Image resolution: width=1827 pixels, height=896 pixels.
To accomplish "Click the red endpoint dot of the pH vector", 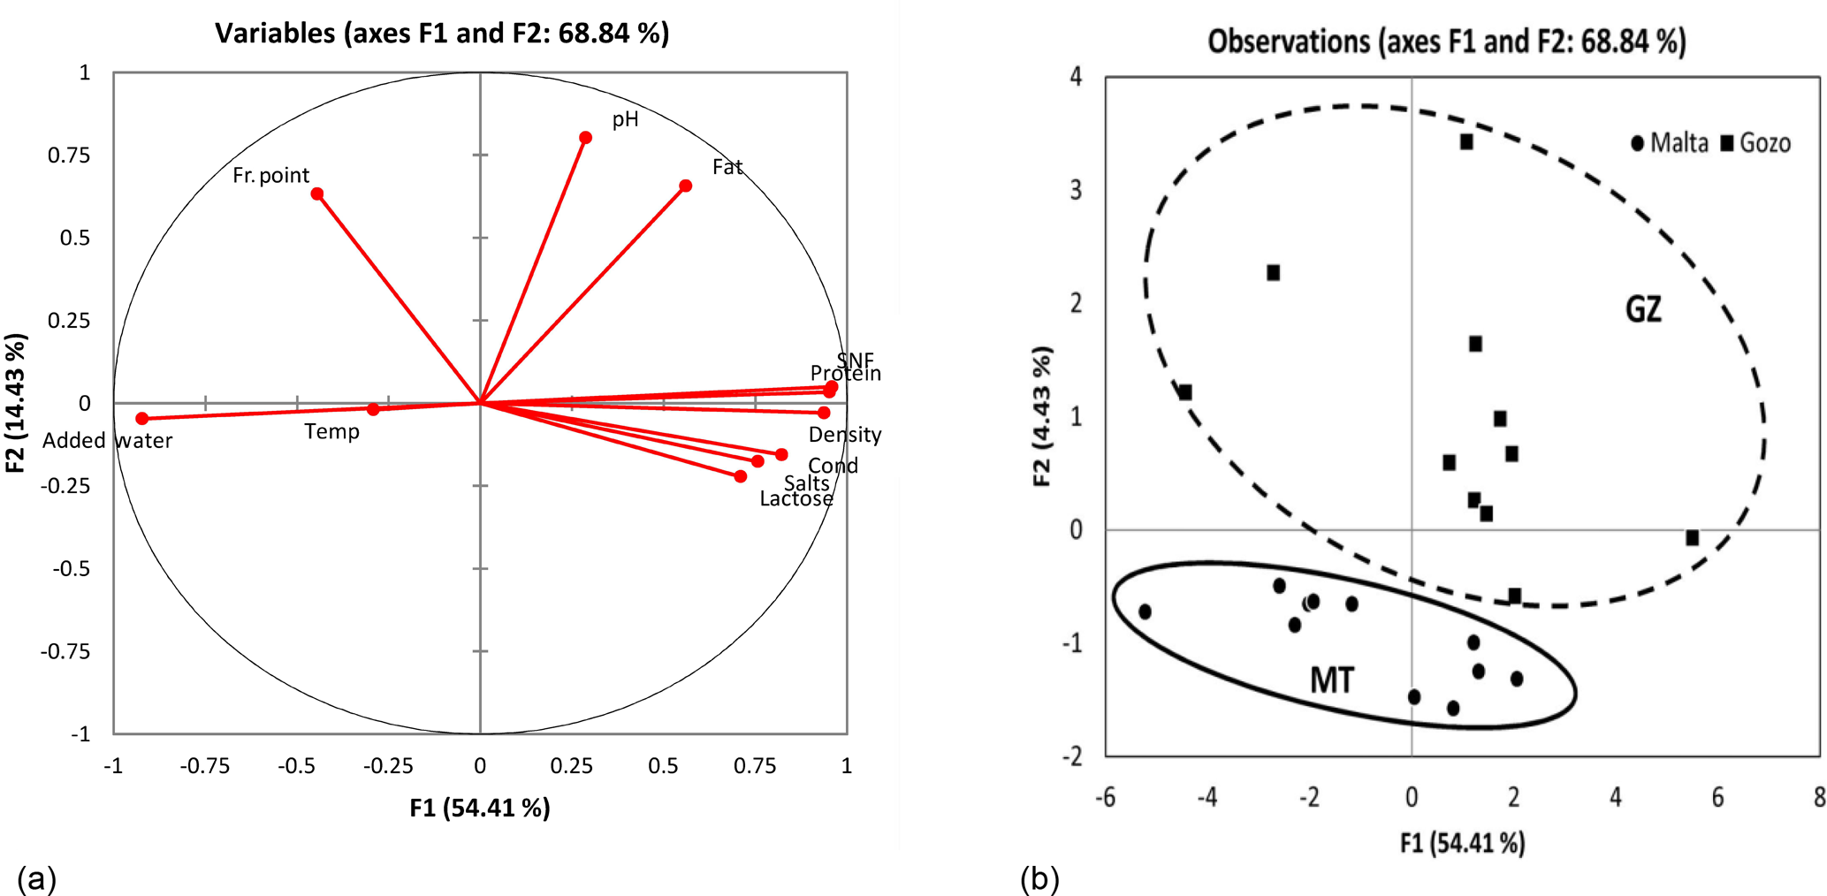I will [x=585, y=138].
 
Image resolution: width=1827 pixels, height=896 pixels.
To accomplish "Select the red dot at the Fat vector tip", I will [x=685, y=186].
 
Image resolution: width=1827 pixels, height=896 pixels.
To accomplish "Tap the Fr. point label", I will [x=270, y=176].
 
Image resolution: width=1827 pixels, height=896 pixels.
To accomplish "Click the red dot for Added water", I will [x=142, y=419].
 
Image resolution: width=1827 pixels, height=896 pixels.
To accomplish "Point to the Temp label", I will [x=331, y=432].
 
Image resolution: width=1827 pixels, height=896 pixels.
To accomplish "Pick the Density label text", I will [x=844, y=435].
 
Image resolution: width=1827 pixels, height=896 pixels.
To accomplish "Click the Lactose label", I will [x=796, y=499].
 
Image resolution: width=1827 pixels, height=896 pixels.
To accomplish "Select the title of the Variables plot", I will [x=442, y=34].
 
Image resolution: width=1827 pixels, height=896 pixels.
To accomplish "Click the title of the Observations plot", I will [x=1446, y=42].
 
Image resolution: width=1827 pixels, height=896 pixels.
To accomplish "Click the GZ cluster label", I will [x=1643, y=309].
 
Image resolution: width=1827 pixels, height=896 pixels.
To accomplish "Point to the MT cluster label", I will [x=1331, y=680].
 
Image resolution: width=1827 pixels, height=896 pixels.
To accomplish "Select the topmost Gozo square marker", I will [x=1466, y=141].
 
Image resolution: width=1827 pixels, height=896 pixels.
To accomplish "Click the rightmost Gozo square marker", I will [x=1692, y=538].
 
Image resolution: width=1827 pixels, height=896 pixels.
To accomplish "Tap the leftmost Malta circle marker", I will [x=1145, y=611].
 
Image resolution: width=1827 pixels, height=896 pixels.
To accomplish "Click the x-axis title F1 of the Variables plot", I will [x=479, y=808].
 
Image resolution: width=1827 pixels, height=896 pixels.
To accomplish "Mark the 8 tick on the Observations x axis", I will [x=1819, y=798].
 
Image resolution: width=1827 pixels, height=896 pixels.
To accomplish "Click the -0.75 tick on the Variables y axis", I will [x=65, y=652].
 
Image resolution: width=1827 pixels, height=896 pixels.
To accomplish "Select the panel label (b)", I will [x=1039, y=879].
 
